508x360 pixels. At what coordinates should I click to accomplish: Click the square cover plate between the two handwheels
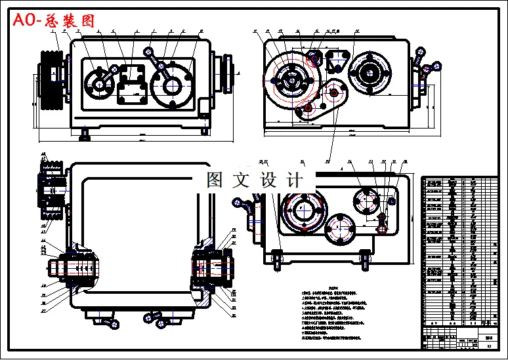pos(133,85)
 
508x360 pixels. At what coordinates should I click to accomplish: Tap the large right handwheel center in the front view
pos(172,85)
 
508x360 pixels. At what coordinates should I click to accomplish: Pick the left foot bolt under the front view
pos(85,136)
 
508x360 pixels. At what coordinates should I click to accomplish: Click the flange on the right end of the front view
pos(227,68)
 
